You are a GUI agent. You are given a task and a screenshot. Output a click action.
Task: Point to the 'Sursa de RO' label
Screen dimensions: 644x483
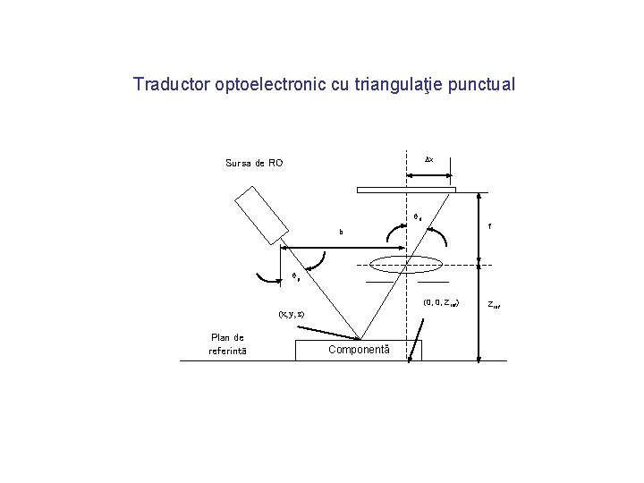coord(254,163)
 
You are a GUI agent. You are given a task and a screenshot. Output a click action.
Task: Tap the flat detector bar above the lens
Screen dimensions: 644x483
coord(406,190)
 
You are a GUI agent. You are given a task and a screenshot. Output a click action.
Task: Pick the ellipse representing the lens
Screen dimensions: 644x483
coord(406,264)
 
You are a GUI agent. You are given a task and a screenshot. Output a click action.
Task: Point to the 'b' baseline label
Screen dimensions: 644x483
coord(341,233)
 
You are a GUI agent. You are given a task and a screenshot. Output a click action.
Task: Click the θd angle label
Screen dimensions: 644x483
coord(417,216)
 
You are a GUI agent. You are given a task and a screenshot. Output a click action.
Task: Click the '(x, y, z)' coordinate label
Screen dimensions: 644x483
coord(290,314)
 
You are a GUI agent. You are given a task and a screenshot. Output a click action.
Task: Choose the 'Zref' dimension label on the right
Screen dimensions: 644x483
coord(494,305)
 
